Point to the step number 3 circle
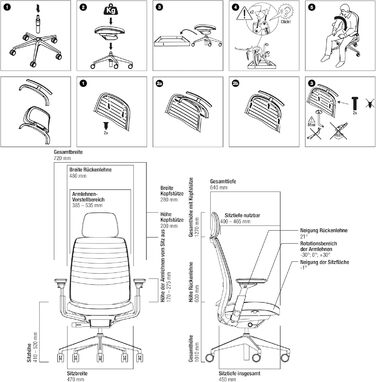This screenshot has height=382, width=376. tap(160, 8)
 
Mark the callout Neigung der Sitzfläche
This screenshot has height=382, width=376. tap(325, 275)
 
